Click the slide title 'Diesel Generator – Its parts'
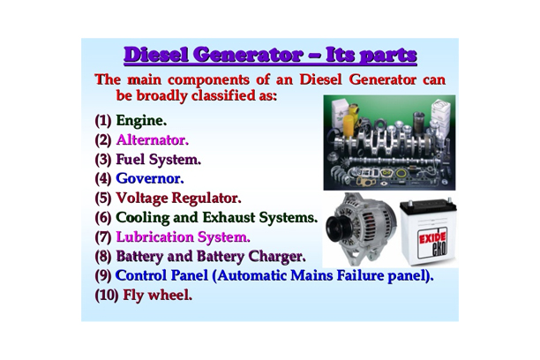click(x=270, y=55)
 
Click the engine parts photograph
click(x=388, y=143)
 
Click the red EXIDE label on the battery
click(x=432, y=239)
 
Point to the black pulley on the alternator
click(x=336, y=232)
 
